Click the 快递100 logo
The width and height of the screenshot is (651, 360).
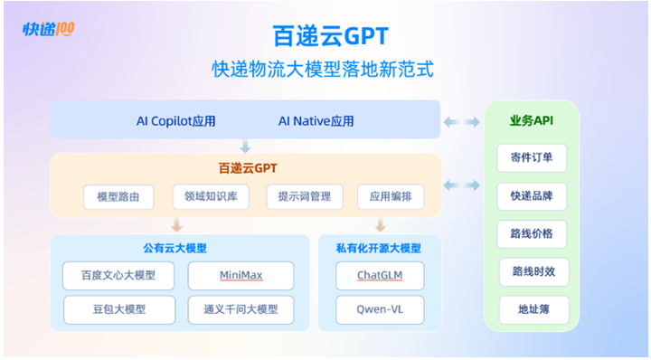coord(49,29)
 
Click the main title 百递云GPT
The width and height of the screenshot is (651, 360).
coord(331,35)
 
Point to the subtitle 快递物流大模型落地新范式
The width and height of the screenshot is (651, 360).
coord(323,69)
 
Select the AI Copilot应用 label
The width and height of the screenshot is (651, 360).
coord(176,121)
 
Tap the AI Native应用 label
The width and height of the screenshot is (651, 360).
coord(316,121)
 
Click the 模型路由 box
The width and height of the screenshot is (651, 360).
coord(118,197)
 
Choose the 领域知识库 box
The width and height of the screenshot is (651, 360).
coord(211,196)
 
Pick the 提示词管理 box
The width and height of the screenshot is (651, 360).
coord(305,196)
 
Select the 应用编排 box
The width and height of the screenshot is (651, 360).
coord(391,196)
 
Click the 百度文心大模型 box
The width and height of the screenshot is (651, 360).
coord(118,275)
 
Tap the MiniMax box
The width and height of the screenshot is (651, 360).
coord(241,275)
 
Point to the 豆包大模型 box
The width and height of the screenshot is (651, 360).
coord(119,309)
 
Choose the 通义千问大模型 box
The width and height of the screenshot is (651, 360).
coord(241,309)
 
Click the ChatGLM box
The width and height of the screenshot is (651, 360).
coord(380,275)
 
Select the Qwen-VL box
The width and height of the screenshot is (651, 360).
coord(380,309)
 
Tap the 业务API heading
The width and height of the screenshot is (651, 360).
coord(532,121)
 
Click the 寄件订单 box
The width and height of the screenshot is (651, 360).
coord(532,157)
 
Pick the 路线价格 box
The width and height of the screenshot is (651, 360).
coord(532,233)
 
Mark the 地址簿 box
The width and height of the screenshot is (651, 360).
coord(534,309)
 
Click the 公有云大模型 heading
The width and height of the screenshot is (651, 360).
coord(175,249)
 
